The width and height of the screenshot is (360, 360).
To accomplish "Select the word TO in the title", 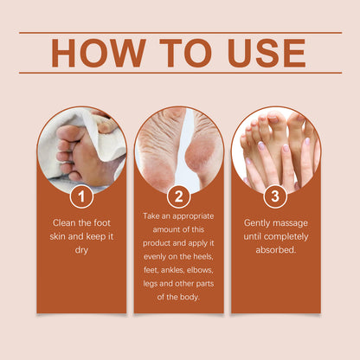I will (173, 53).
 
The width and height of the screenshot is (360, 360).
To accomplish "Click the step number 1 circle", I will (81, 196).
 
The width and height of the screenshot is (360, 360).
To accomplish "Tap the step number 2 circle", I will (178, 196).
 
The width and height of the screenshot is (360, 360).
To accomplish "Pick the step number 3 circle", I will (275, 196).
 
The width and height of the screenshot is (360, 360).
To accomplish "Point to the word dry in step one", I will (81, 249).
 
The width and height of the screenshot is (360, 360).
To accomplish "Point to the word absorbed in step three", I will (275, 249).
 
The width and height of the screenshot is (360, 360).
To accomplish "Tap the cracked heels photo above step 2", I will (178, 147).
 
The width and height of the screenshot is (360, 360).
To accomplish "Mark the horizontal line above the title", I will (180, 33).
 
